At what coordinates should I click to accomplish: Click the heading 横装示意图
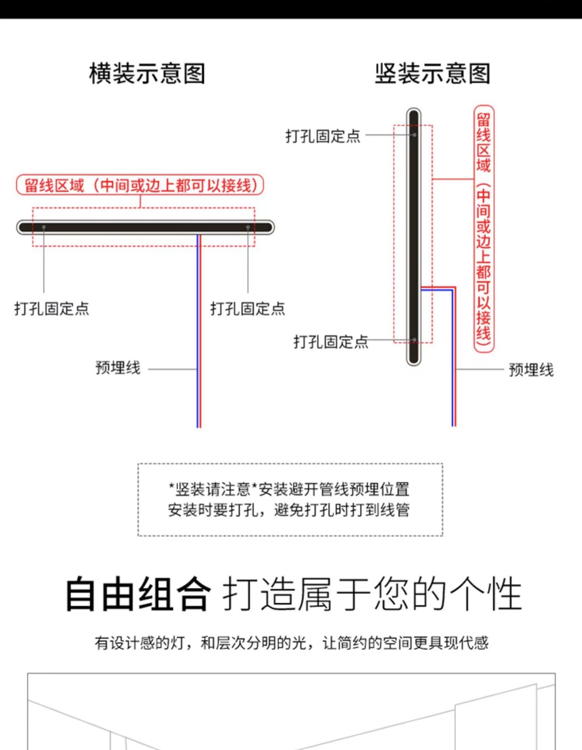pyautogui.click(x=147, y=73)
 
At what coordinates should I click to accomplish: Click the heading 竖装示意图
pyautogui.click(x=432, y=73)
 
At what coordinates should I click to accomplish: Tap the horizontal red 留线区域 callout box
pyautogui.click(x=140, y=185)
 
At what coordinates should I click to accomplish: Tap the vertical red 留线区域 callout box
pyautogui.click(x=484, y=229)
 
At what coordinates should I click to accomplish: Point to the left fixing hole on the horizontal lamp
pyautogui.click(x=44, y=227)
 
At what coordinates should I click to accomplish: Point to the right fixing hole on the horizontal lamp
pyautogui.click(x=248, y=227)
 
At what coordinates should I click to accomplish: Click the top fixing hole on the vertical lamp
pyautogui.click(x=415, y=135)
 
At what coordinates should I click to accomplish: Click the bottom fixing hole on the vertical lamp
pyautogui.click(x=415, y=340)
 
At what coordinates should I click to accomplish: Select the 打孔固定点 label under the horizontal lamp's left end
pyautogui.click(x=52, y=309)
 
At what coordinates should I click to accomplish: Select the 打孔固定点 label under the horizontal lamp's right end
pyautogui.click(x=248, y=309)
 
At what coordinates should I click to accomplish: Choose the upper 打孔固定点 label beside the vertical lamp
pyautogui.click(x=323, y=136)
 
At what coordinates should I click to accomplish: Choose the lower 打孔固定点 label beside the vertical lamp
pyautogui.click(x=331, y=342)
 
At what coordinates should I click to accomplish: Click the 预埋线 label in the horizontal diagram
pyautogui.click(x=118, y=368)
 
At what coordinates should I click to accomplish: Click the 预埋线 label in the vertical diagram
pyautogui.click(x=531, y=370)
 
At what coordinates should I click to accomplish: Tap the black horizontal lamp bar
pyautogui.click(x=145, y=227)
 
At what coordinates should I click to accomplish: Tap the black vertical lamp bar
pyautogui.click(x=414, y=237)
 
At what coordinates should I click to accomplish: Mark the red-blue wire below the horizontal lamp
pyautogui.click(x=199, y=331)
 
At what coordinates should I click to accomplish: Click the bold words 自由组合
pyautogui.click(x=138, y=594)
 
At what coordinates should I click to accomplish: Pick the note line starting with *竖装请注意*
pyautogui.click(x=289, y=489)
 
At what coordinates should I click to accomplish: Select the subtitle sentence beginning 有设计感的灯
pyautogui.click(x=291, y=643)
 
